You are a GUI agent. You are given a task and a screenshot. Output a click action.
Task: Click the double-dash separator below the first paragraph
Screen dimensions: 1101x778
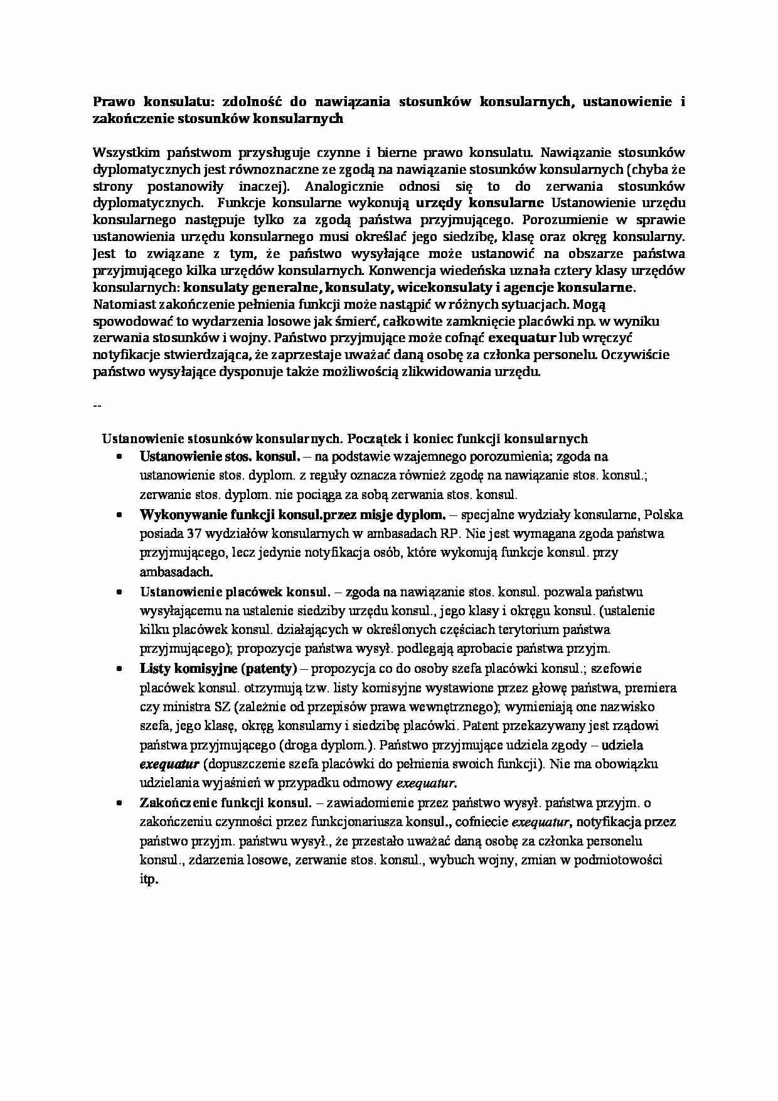pyautogui.click(x=97, y=405)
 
